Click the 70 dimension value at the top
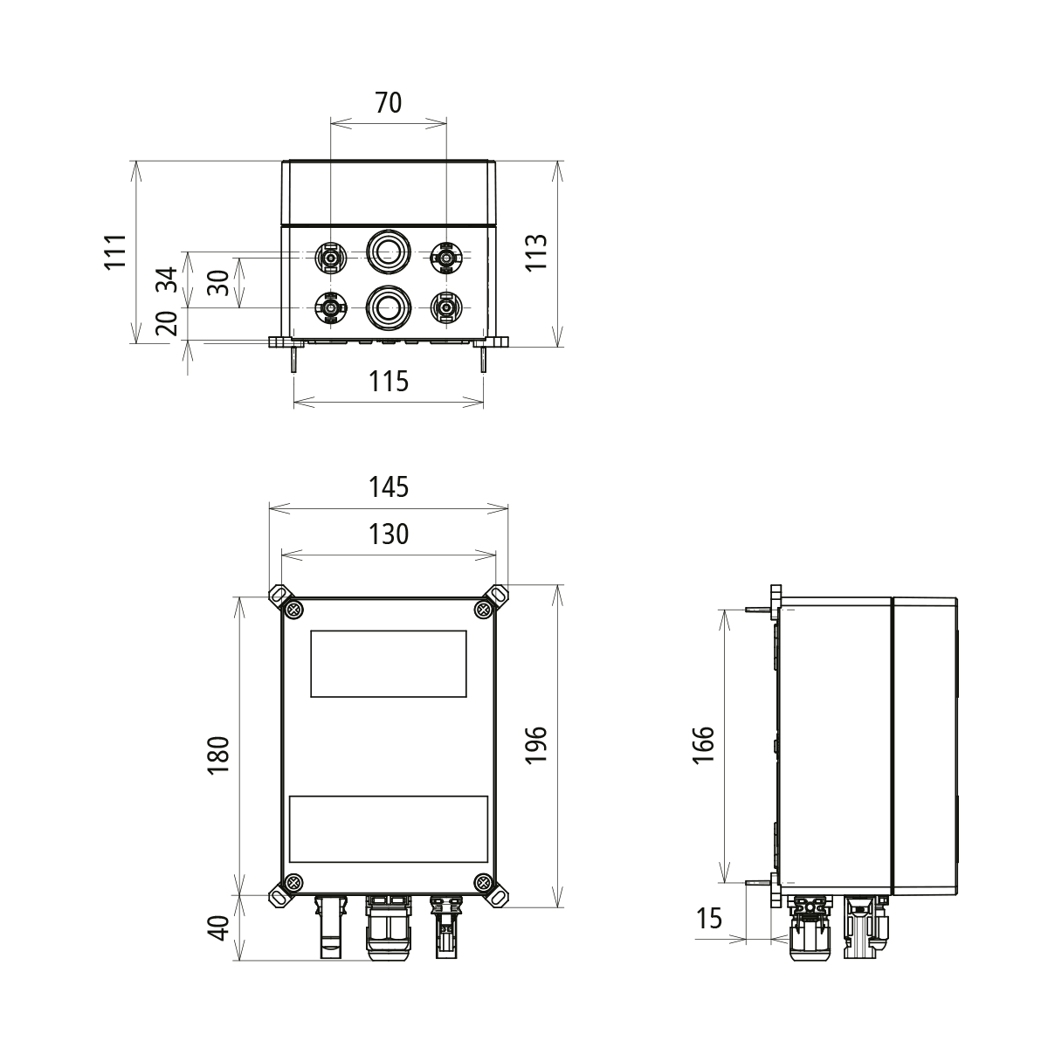389,103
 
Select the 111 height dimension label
117,252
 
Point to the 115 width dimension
389,382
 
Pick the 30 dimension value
219,282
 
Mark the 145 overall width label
389,486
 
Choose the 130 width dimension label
389,534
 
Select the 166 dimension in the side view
704,745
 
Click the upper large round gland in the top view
387,252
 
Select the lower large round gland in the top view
387,306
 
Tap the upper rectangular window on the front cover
388,663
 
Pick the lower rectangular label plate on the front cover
388,829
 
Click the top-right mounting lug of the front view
498,595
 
